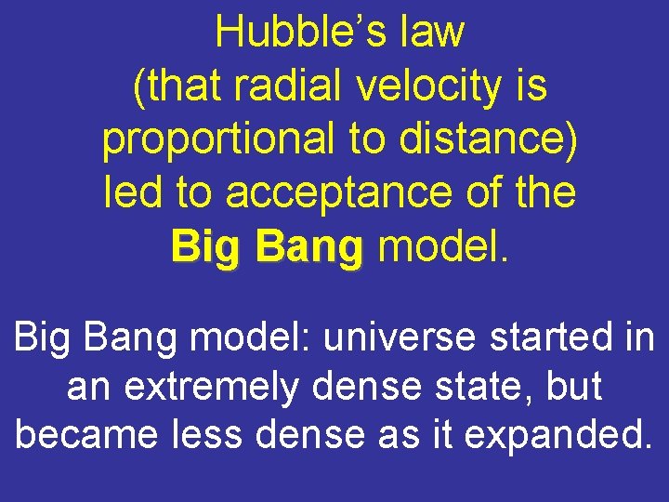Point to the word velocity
pos(430,86)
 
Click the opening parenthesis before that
pos(138,86)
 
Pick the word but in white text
pos(575,387)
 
